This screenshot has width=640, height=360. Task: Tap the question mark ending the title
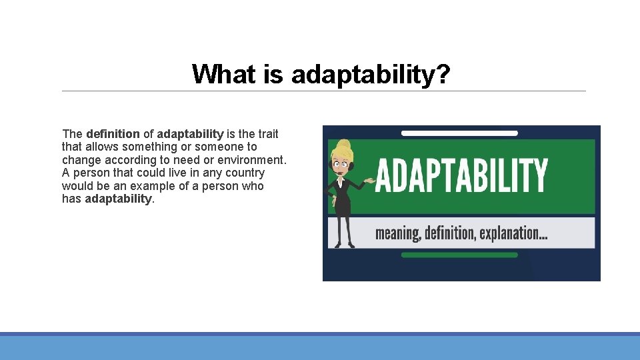click(x=444, y=74)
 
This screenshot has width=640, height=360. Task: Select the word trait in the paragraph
click(x=266, y=134)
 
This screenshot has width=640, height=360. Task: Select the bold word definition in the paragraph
click(x=113, y=134)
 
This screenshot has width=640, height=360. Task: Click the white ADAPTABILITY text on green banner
click(x=461, y=175)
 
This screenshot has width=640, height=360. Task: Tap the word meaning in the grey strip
click(x=397, y=233)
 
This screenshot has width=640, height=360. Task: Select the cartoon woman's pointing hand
click(x=368, y=181)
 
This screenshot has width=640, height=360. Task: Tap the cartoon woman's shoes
click(x=344, y=245)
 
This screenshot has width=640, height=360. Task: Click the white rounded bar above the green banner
click(x=459, y=133)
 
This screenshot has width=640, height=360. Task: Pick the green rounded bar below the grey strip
click(x=459, y=255)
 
